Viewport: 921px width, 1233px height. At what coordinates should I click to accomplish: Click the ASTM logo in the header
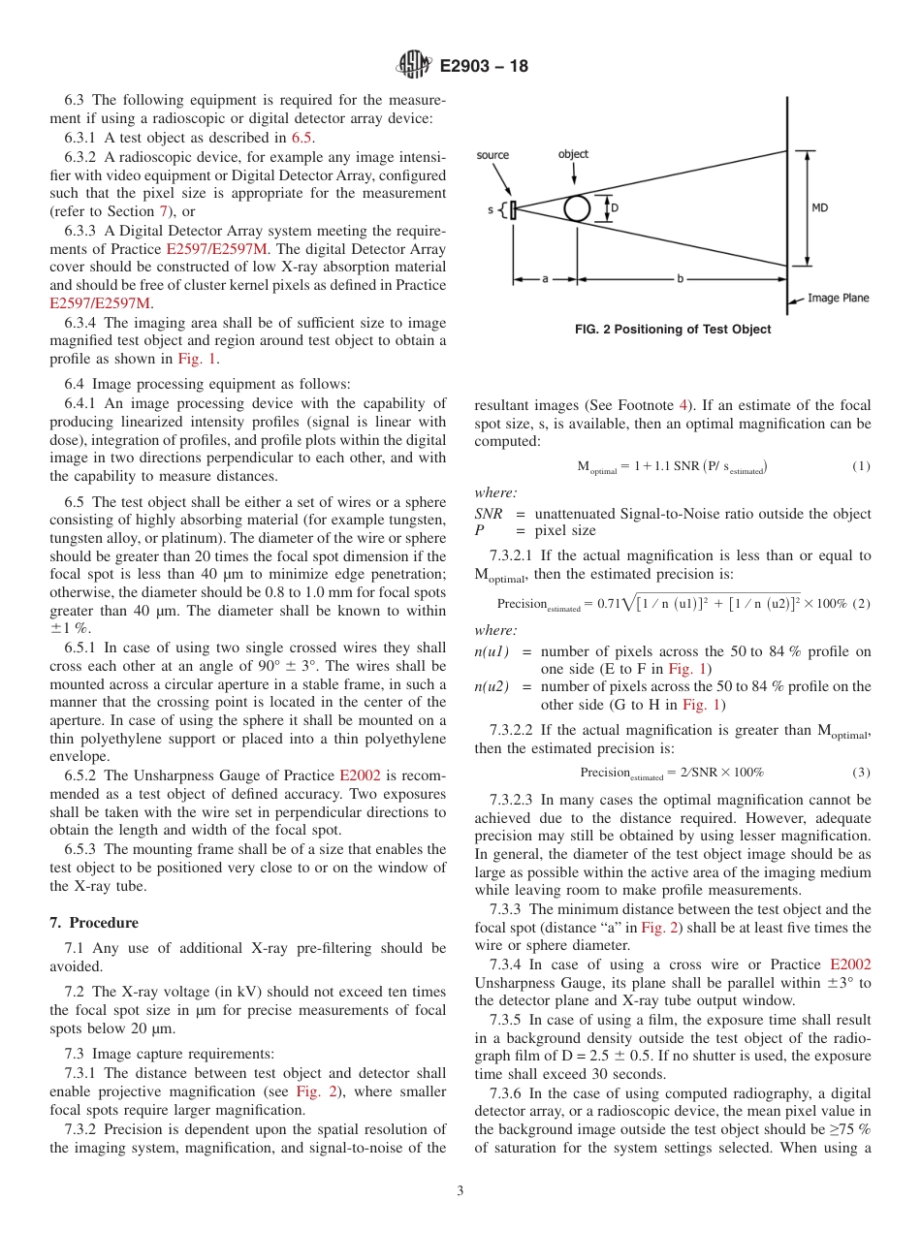click(414, 67)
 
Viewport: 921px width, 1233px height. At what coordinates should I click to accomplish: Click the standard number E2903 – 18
click(484, 67)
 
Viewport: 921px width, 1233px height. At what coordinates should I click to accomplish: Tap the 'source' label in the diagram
click(492, 154)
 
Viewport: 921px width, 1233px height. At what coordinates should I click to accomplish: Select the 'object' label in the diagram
click(573, 154)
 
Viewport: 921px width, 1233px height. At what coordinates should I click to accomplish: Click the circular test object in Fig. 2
click(579, 208)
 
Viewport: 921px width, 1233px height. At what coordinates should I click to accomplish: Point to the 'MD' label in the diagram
click(819, 207)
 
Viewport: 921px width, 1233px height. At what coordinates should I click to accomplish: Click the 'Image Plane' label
click(839, 299)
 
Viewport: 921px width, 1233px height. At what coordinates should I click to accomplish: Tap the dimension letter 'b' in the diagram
click(680, 278)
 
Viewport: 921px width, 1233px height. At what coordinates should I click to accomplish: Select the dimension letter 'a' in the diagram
click(545, 278)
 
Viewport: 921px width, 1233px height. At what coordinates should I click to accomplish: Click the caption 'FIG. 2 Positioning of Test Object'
click(673, 330)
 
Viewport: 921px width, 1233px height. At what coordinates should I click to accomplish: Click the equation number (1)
click(861, 466)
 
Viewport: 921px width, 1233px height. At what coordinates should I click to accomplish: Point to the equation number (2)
click(861, 603)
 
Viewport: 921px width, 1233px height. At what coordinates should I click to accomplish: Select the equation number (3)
click(861, 773)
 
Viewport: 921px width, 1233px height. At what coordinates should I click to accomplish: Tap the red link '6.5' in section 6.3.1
click(302, 138)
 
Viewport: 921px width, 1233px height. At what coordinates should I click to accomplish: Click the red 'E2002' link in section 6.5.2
click(356, 775)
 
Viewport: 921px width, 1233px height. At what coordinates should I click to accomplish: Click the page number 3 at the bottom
click(460, 1191)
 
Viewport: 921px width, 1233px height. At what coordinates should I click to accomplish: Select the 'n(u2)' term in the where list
click(492, 686)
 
